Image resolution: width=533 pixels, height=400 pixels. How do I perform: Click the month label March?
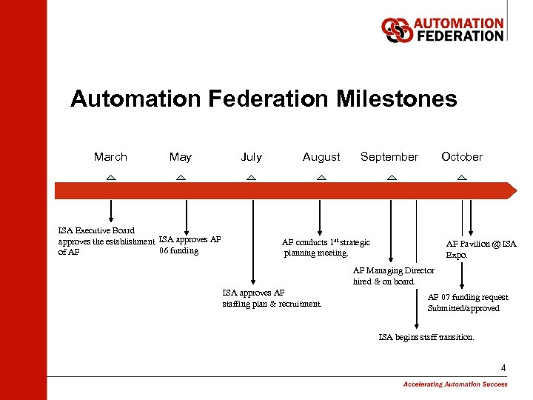pyautogui.click(x=110, y=157)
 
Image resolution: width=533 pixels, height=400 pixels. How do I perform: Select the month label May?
pyautogui.click(x=180, y=157)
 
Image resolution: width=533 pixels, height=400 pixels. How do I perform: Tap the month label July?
pyautogui.click(x=251, y=157)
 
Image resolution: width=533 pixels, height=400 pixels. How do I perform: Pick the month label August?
pyautogui.click(x=321, y=157)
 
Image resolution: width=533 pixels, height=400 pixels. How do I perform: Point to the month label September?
pyautogui.click(x=389, y=157)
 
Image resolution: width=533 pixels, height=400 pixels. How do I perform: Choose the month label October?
pyautogui.click(x=461, y=157)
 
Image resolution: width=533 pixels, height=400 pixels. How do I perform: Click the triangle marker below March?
pyautogui.click(x=110, y=178)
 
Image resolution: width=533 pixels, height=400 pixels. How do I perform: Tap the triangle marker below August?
pyautogui.click(x=321, y=178)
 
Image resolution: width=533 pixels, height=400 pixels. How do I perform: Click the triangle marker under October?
pyautogui.click(x=462, y=178)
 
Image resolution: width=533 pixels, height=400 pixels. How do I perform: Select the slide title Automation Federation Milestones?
pyautogui.click(x=264, y=99)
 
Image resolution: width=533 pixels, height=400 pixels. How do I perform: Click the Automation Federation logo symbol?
pyautogui.click(x=396, y=30)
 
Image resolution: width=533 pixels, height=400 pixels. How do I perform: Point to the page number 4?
pyautogui.click(x=503, y=368)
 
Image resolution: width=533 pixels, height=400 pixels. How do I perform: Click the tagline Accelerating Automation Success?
pyautogui.click(x=455, y=384)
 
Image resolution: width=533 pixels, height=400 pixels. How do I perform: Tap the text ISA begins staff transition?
pyautogui.click(x=426, y=337)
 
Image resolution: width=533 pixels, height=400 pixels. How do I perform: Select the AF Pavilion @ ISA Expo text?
pyautogui.click(x=480, y=249)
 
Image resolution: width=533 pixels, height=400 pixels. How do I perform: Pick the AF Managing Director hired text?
pyautogui.click(x=393, y=276)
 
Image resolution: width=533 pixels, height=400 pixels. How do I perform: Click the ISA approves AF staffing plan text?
pyautogui.click(x=272, y=298)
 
